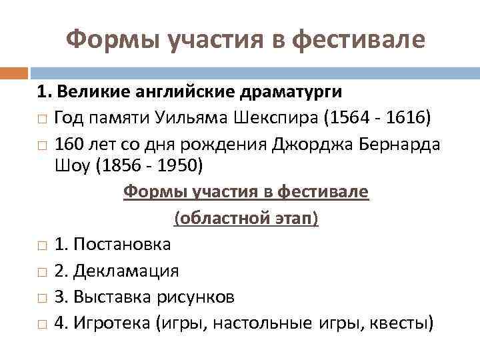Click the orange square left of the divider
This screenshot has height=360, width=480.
click(x=14, y=73)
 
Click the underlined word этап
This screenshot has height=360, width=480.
click(x=293, y=219)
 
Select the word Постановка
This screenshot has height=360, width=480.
click(x=122, y=245)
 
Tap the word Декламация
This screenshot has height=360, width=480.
click(x=127, y=271)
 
